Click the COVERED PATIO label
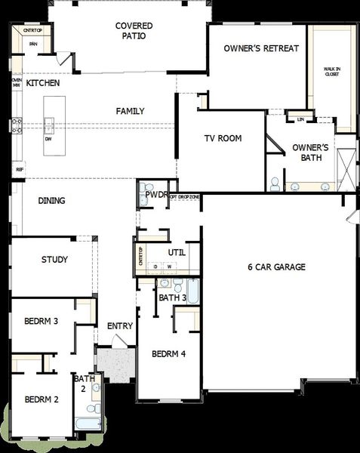coord(130,30)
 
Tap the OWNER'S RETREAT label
coord(262,48)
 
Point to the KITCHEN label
coord(42,83)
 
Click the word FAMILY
coord(130,111)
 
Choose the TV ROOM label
coord(223,139)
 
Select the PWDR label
coord(156,195)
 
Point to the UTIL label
coord(177,252)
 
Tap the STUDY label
coord(54,260)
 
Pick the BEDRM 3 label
coord(42,322)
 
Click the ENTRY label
coord(120,326)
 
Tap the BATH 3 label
coord(173,297)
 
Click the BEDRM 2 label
coord(42,399)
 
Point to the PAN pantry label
coord(33,45)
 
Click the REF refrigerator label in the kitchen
coord(20,171)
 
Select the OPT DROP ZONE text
coord(185,196)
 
